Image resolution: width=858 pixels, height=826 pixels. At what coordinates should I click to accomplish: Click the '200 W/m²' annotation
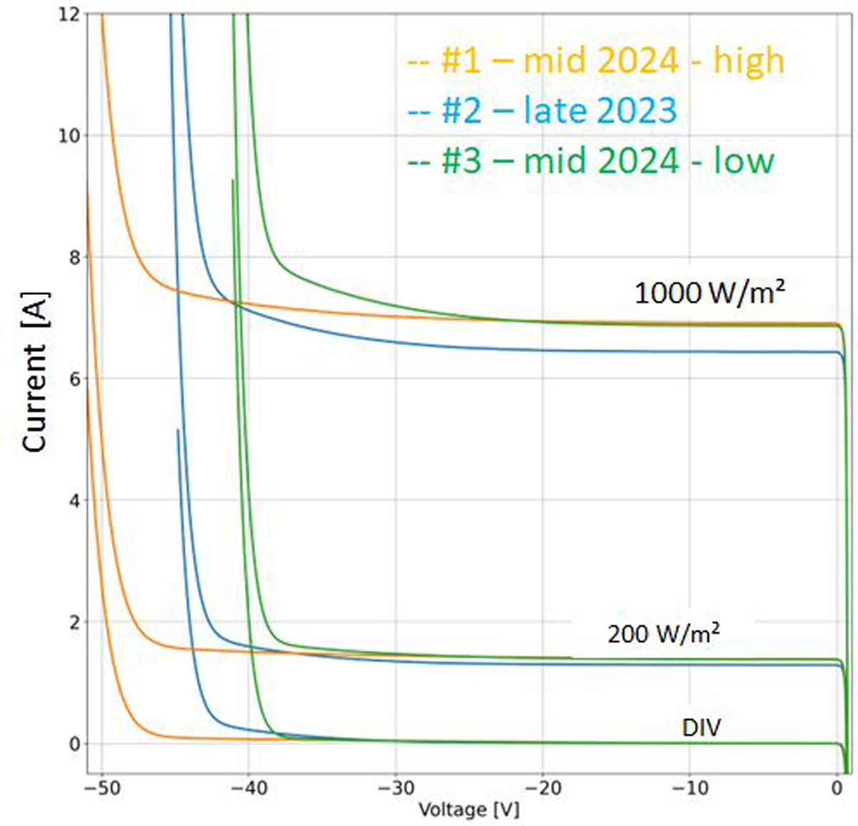(x=664, y=633)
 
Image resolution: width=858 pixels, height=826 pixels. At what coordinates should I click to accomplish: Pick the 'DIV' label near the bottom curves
(x=701, y=728)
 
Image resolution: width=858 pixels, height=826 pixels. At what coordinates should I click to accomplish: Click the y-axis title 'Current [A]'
(x=34, y=371)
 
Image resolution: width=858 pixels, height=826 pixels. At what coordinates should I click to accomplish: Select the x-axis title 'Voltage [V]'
(x=468, y=810)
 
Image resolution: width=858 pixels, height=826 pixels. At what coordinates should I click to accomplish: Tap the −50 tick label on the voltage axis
(x=101, y=789)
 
